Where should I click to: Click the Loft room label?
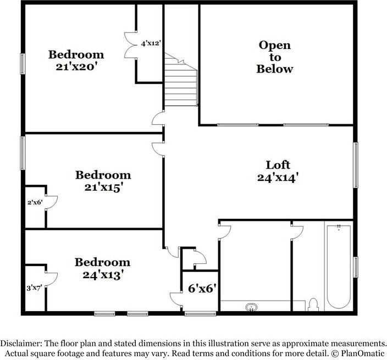point(278,165)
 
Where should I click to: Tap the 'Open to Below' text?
point(275,57)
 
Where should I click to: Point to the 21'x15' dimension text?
point(104,187)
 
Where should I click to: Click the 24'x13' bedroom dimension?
point(103,275)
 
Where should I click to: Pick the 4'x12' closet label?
point(151,43)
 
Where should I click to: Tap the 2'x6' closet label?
point(35,203)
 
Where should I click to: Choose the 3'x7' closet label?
point(34,287)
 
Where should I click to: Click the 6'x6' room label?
point(202,288)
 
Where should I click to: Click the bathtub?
point(339,267)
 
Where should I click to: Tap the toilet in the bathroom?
point(313,304)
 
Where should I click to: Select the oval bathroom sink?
point(252,307)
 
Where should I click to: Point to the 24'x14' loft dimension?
point(278,178)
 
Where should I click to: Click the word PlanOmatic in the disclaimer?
point(363,353)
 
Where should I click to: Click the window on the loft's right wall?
point(356,165)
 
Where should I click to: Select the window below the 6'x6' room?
point(201,314)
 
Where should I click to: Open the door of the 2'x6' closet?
point(52,203)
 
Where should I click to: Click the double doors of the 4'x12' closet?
point(130,45)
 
